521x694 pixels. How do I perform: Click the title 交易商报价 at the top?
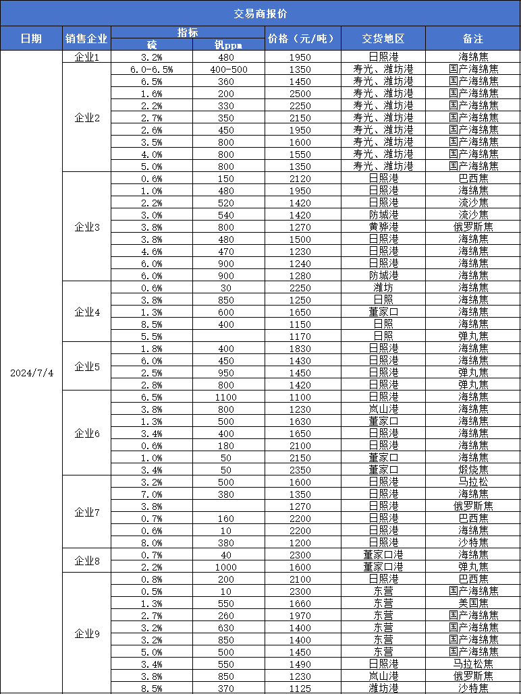click(x=260, y=13)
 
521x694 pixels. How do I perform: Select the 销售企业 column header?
click(x=86, y=38)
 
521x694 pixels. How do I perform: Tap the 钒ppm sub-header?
click(x=228, y=45)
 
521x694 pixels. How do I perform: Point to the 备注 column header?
click(x=473, y=38)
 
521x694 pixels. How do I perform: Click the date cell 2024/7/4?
click(x=31, y=373)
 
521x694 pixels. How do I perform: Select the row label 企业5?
click(x=86, y=366)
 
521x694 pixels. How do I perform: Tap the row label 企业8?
click(x=86, y=560)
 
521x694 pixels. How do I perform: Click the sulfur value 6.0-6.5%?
click(x=151, y=69)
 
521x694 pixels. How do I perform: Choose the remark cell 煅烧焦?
click(x=473, y=469)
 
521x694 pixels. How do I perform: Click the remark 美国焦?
click(x=473, y=603)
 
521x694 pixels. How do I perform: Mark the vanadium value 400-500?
click(x=229, y=69)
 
